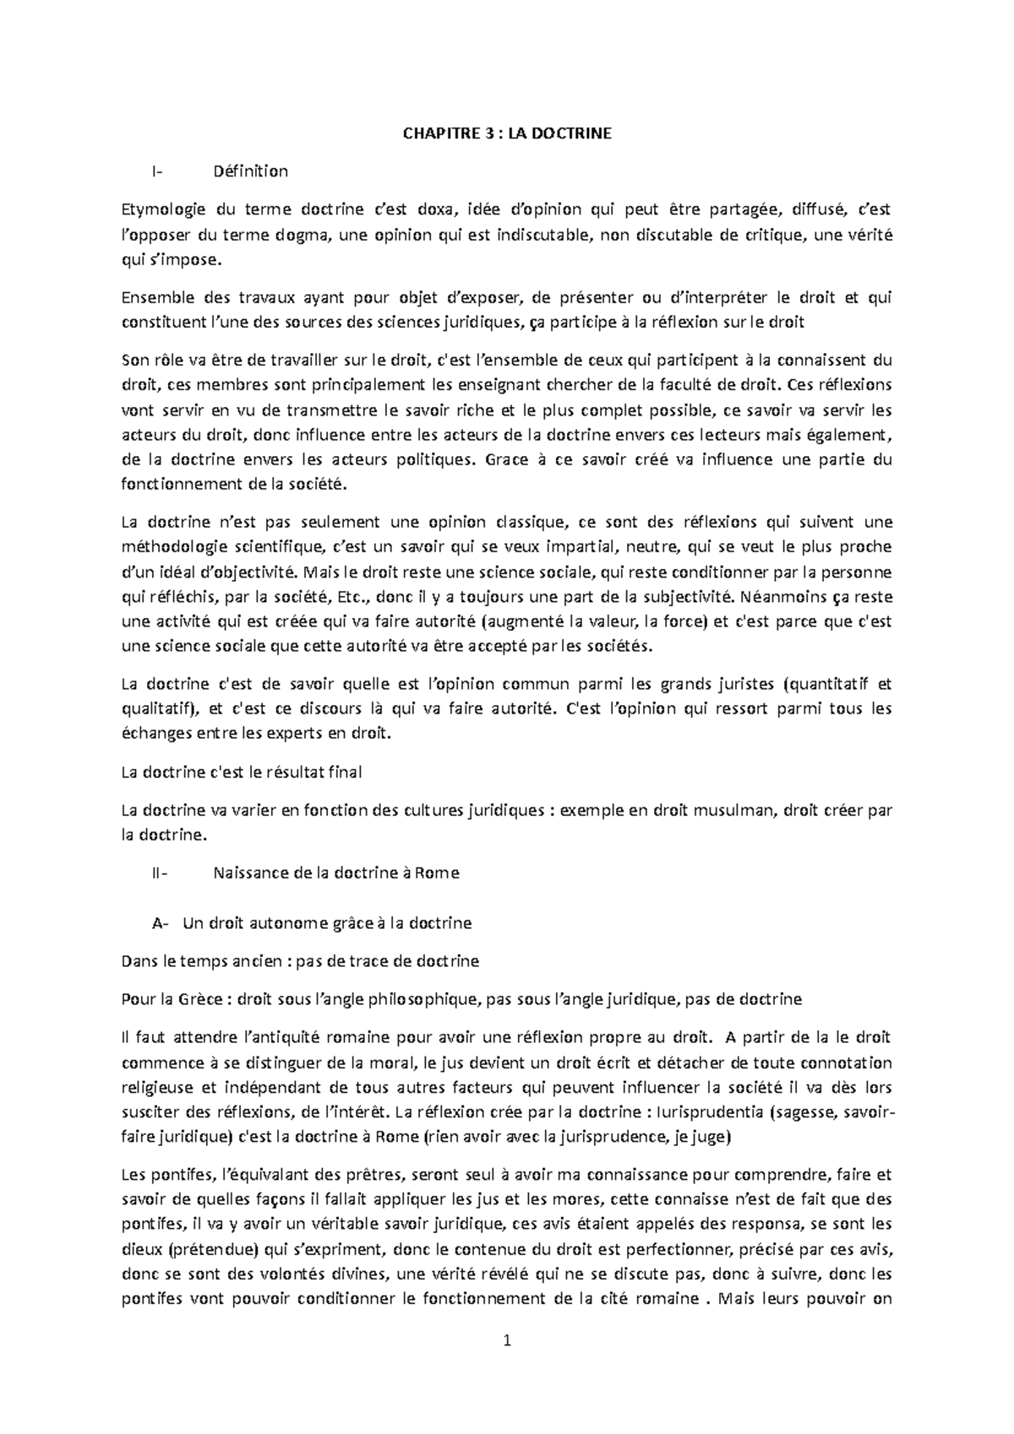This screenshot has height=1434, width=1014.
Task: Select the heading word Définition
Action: pos(251,171)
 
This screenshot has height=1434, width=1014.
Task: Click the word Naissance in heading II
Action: pos(248,873)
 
